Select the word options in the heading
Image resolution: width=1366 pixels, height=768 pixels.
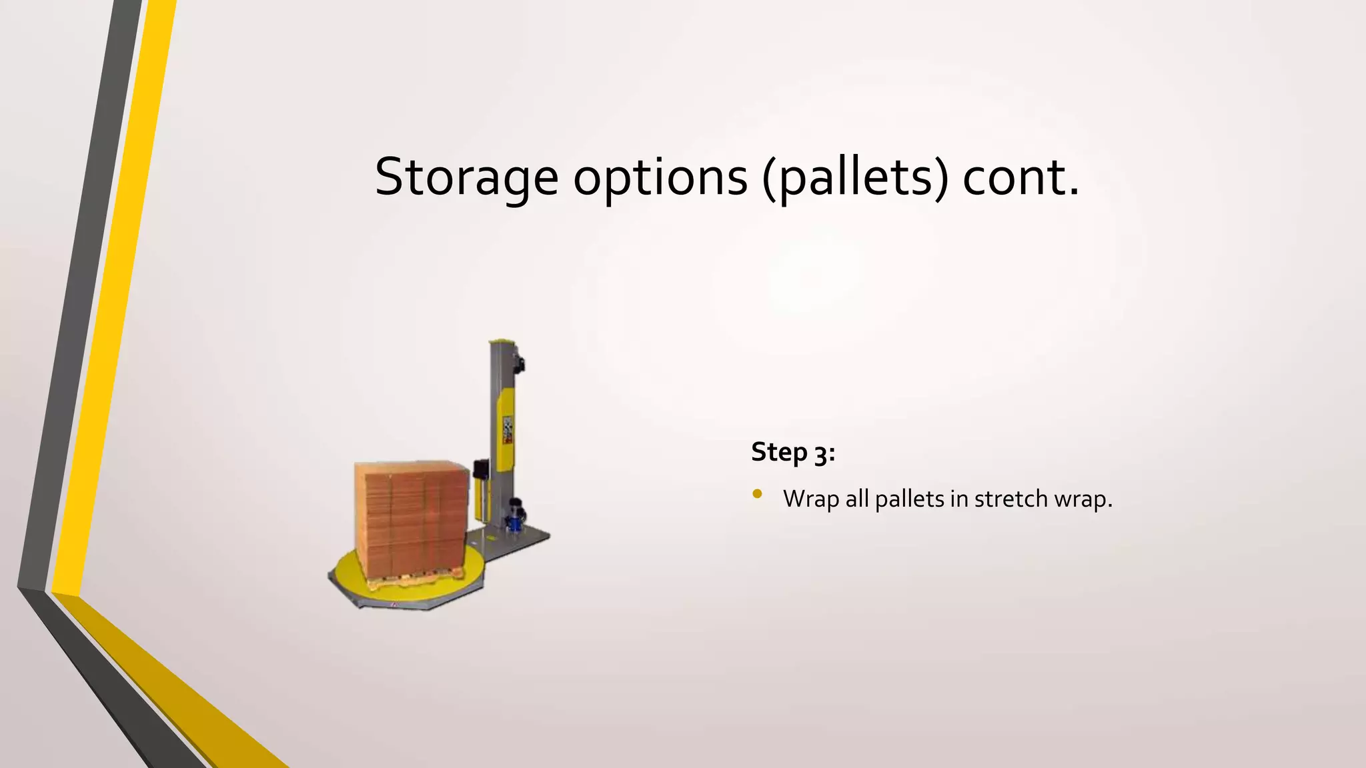660,177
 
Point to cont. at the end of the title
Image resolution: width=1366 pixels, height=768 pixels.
1020,177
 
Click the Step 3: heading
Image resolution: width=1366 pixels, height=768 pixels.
793,453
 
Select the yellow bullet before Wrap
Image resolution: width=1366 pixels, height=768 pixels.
756,494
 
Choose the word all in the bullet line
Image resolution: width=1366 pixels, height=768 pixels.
856,499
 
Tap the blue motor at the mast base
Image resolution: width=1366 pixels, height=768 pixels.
516,517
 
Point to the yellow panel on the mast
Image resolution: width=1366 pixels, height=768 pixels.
508,427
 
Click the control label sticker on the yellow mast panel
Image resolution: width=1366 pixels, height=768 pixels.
508,430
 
